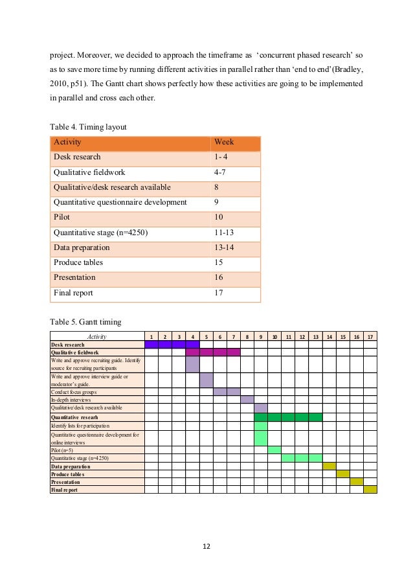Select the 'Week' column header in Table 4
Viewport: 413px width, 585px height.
[x=224, y=143]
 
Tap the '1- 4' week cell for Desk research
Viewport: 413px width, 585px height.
[x=221, y=157]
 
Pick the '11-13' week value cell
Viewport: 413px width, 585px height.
[x=225, y=233]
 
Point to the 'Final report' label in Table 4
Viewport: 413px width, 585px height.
[x=73, y=292]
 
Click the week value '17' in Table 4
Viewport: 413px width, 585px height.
[x=218, y=292]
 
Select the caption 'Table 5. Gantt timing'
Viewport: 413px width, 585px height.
[x=85, y=321]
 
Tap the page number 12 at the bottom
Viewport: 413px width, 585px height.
[x=206, y=547]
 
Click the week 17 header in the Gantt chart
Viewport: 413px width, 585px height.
[x=370, y=336]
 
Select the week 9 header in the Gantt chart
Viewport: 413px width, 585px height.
[x=261, y=336]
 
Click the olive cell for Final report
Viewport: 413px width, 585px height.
[x=370, y=490]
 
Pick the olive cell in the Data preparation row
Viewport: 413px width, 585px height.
[x=329, y=466]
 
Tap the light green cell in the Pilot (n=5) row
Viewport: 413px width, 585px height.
[x=274, y=450]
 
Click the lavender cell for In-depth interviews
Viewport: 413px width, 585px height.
[x=247, y=400]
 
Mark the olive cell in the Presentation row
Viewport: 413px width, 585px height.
[x=356, y=482]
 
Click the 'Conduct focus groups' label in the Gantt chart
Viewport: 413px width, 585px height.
[x=73, y=392]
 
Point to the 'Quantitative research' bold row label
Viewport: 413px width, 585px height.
[x=74, y=417]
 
